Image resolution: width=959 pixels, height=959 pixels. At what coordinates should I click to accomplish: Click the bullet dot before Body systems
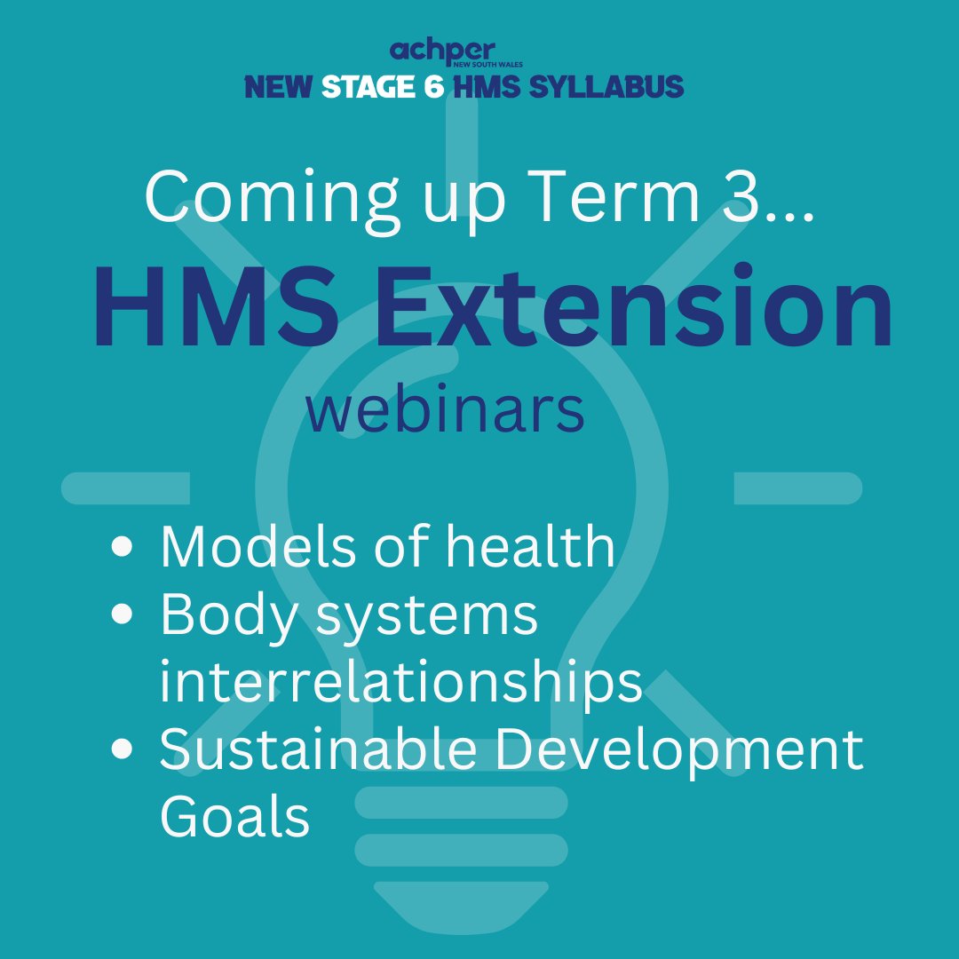125,614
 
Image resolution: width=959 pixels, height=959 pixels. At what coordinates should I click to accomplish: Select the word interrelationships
400,682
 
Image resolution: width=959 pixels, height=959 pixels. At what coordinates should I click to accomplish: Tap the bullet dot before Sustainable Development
125,749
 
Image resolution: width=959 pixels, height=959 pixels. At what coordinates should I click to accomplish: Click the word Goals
234,817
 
